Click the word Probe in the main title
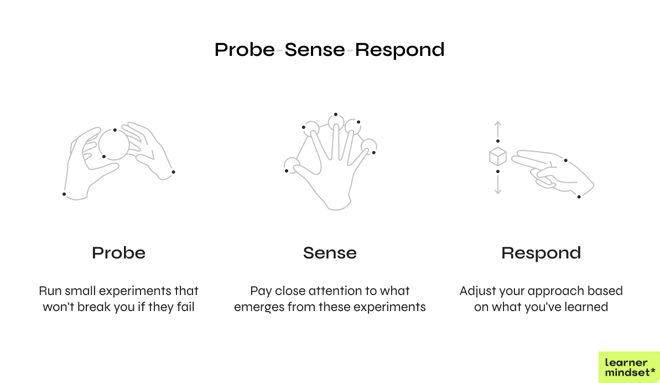244,50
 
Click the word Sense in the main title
315,50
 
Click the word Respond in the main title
399,50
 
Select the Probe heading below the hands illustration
118,253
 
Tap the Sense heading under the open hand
330,253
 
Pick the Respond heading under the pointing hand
541,253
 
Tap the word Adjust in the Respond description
477,291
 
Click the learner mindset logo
629,367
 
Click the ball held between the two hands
114,145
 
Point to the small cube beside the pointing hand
498,157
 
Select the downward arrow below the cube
498,186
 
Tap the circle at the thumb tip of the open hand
291,164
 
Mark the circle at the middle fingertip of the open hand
335,122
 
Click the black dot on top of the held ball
115,130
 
